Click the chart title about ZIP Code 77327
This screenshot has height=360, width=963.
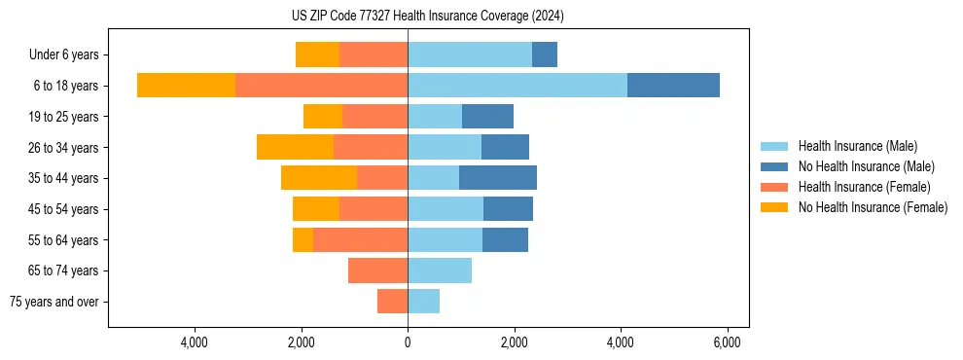click(428, 17)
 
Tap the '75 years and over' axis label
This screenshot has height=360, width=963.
click(54, 302)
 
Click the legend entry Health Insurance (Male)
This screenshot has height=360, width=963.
click(857, 146)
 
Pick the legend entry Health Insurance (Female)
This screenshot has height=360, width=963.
click(864, 187)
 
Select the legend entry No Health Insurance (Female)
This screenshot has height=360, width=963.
click(873, 207)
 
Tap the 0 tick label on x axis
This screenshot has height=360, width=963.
click(408, 342)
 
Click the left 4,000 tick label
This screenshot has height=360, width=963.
click(195, 342)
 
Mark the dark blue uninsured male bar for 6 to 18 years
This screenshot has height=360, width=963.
click(673, 86)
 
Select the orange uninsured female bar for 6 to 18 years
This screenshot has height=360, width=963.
click(186, 86)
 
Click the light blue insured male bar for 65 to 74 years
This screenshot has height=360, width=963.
click(440, 270)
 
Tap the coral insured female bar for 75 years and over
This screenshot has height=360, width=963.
click(392, 302)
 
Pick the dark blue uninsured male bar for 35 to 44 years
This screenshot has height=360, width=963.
click(497, 178)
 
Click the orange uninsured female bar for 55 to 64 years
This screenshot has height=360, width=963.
click(303, 239)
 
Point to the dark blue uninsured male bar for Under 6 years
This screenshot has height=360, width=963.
click(544, 55)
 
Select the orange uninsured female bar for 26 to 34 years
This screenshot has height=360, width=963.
click(295, 147)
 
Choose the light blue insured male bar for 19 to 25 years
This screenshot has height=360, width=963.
click(435, 117)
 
